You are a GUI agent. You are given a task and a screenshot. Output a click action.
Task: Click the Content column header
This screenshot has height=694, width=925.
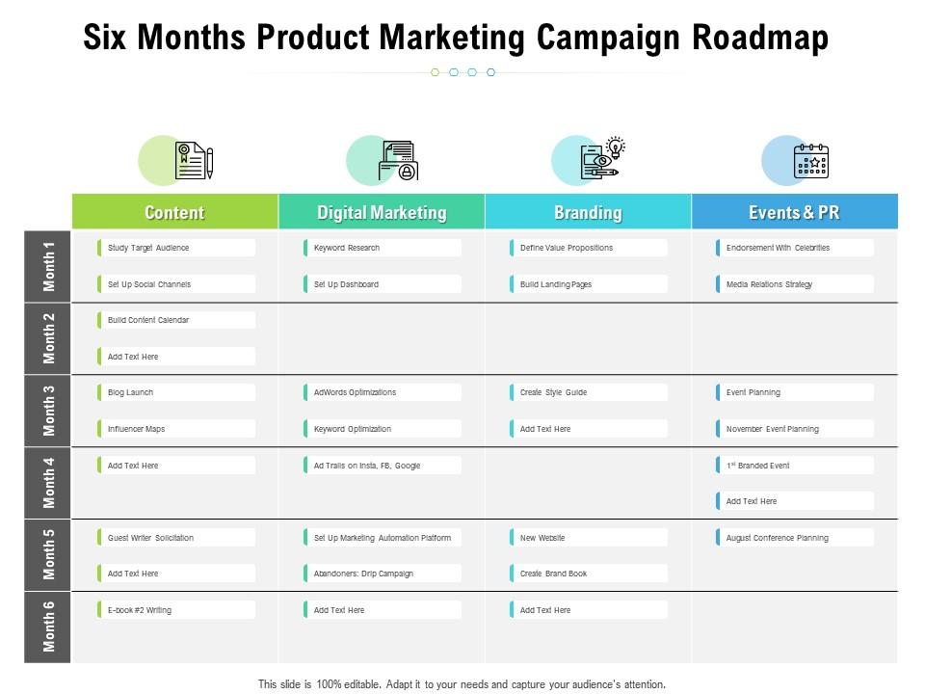(174, 212)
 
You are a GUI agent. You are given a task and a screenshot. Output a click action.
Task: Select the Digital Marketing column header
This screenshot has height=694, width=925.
(382, 212)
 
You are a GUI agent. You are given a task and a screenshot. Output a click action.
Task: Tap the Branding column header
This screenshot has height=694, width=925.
(588, 212)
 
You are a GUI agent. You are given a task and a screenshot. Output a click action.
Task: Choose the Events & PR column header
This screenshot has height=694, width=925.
(794, 212)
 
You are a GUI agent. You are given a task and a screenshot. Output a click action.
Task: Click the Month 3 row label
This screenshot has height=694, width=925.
(49, 411)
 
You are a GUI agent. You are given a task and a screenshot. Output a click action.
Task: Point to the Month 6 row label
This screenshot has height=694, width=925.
(49, 627)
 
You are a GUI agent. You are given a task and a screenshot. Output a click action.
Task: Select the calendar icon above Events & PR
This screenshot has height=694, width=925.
(810, 161)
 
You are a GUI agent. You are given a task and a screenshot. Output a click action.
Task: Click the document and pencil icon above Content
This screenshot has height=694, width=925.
(193, 161)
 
